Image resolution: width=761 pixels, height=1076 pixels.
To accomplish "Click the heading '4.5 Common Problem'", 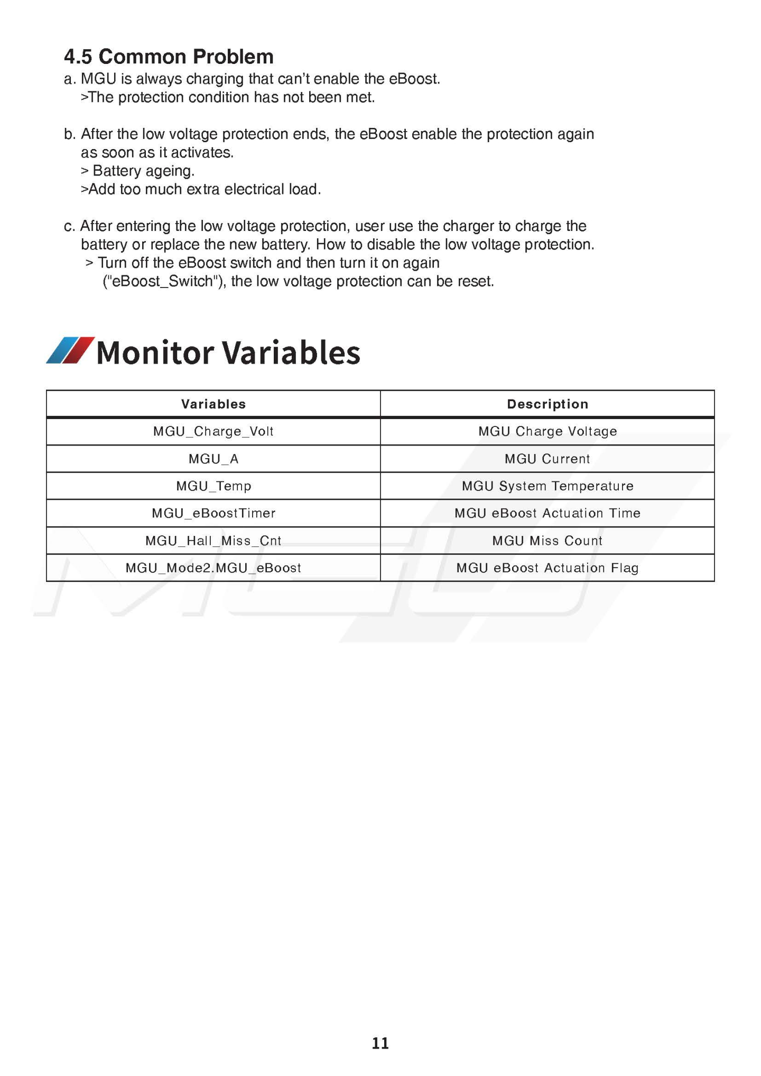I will pyautogui.click(x=169, y=57).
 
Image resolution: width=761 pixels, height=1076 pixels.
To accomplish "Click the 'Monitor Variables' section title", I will pyautogui.click(x=228, y=353).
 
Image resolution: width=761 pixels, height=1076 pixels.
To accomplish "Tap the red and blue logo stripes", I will pyautogui.click(x=70, y=350).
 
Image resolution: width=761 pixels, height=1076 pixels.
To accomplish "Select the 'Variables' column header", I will pyautogui.click(x=214, y=404).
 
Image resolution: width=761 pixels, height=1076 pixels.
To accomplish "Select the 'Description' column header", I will pyautogui.click(x=547, y=404).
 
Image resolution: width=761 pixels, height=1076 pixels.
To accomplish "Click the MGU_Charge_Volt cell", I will pyautogui.click(x=214, y=432).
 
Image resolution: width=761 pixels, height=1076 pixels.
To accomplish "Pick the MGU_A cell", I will pyautogui.click(x=214, y=459).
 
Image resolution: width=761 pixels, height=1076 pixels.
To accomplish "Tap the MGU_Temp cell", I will pyautogui.click(x=214, y=486).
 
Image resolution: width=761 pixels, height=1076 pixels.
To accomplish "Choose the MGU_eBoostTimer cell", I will pyautogui.click(x=214, y=513).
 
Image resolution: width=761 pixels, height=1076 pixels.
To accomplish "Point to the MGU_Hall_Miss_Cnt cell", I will pyautogui.click(x=214, y=541).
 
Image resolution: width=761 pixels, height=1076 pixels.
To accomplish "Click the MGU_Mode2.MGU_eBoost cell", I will pyautogui.click(x=214, y=568).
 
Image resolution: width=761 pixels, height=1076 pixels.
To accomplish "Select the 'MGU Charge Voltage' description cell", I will pyautogui.click(x=547, y=432).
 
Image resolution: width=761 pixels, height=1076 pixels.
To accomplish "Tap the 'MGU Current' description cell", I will pyautogui.click(x=547, y=459).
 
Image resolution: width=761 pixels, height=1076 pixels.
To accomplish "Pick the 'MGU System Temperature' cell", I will pyautogui.click(x=547, y=486).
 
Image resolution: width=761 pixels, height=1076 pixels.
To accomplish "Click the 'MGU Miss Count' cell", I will pyautogui.click(x=547, y=541).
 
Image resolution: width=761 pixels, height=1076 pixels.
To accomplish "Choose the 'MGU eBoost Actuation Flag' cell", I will pyautogui.click(x=547, y=568).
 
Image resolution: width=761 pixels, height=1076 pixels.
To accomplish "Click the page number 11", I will pyautogui.click(x=380, y=1043).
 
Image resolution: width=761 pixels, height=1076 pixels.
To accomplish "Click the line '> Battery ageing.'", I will pyautogui.click(x=138, y=171).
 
